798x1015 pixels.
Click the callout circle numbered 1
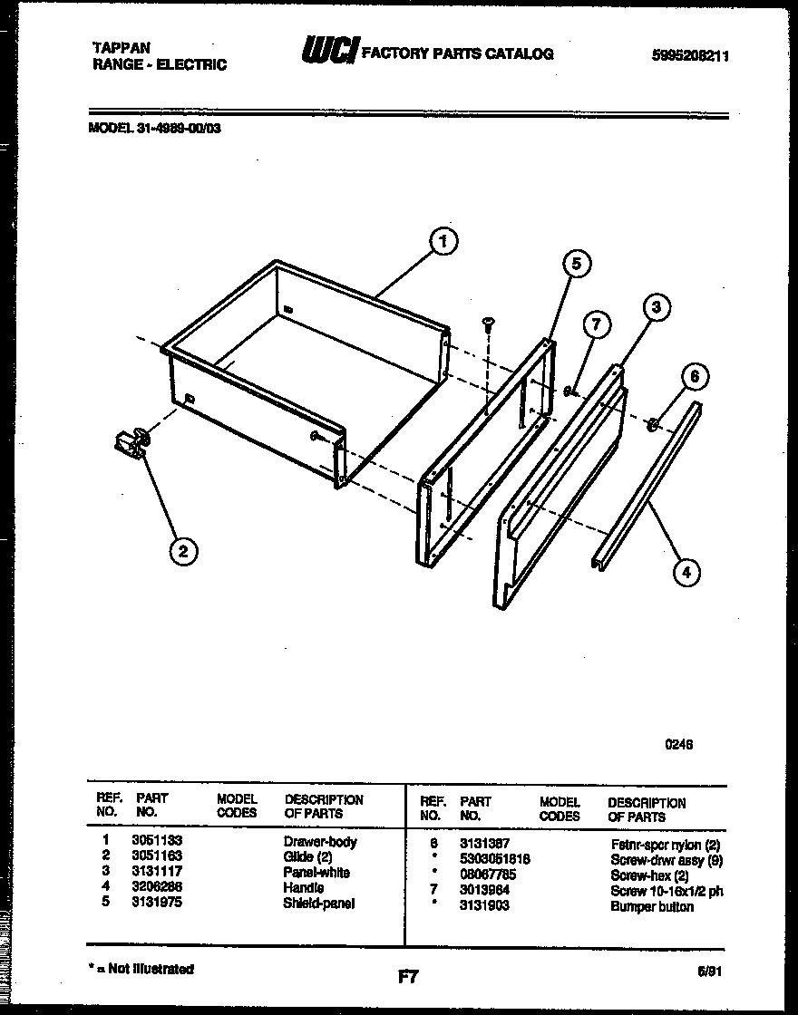(443, 241)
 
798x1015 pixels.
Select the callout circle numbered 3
(657, 309)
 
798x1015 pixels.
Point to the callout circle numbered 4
(686, 571)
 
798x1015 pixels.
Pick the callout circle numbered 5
(575, 264)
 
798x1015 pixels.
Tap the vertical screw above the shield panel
(489, 324)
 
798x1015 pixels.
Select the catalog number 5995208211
(690, 55)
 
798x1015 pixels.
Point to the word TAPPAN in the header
(122, 48)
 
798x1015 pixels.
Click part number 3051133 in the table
(156, 841)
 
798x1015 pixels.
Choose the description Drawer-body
(320, 841)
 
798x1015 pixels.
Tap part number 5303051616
(494, 858)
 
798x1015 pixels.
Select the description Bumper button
(651, 906)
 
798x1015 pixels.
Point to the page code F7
(407, 976)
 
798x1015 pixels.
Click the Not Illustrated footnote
(142, 969)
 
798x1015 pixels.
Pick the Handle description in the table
(303, 888)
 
